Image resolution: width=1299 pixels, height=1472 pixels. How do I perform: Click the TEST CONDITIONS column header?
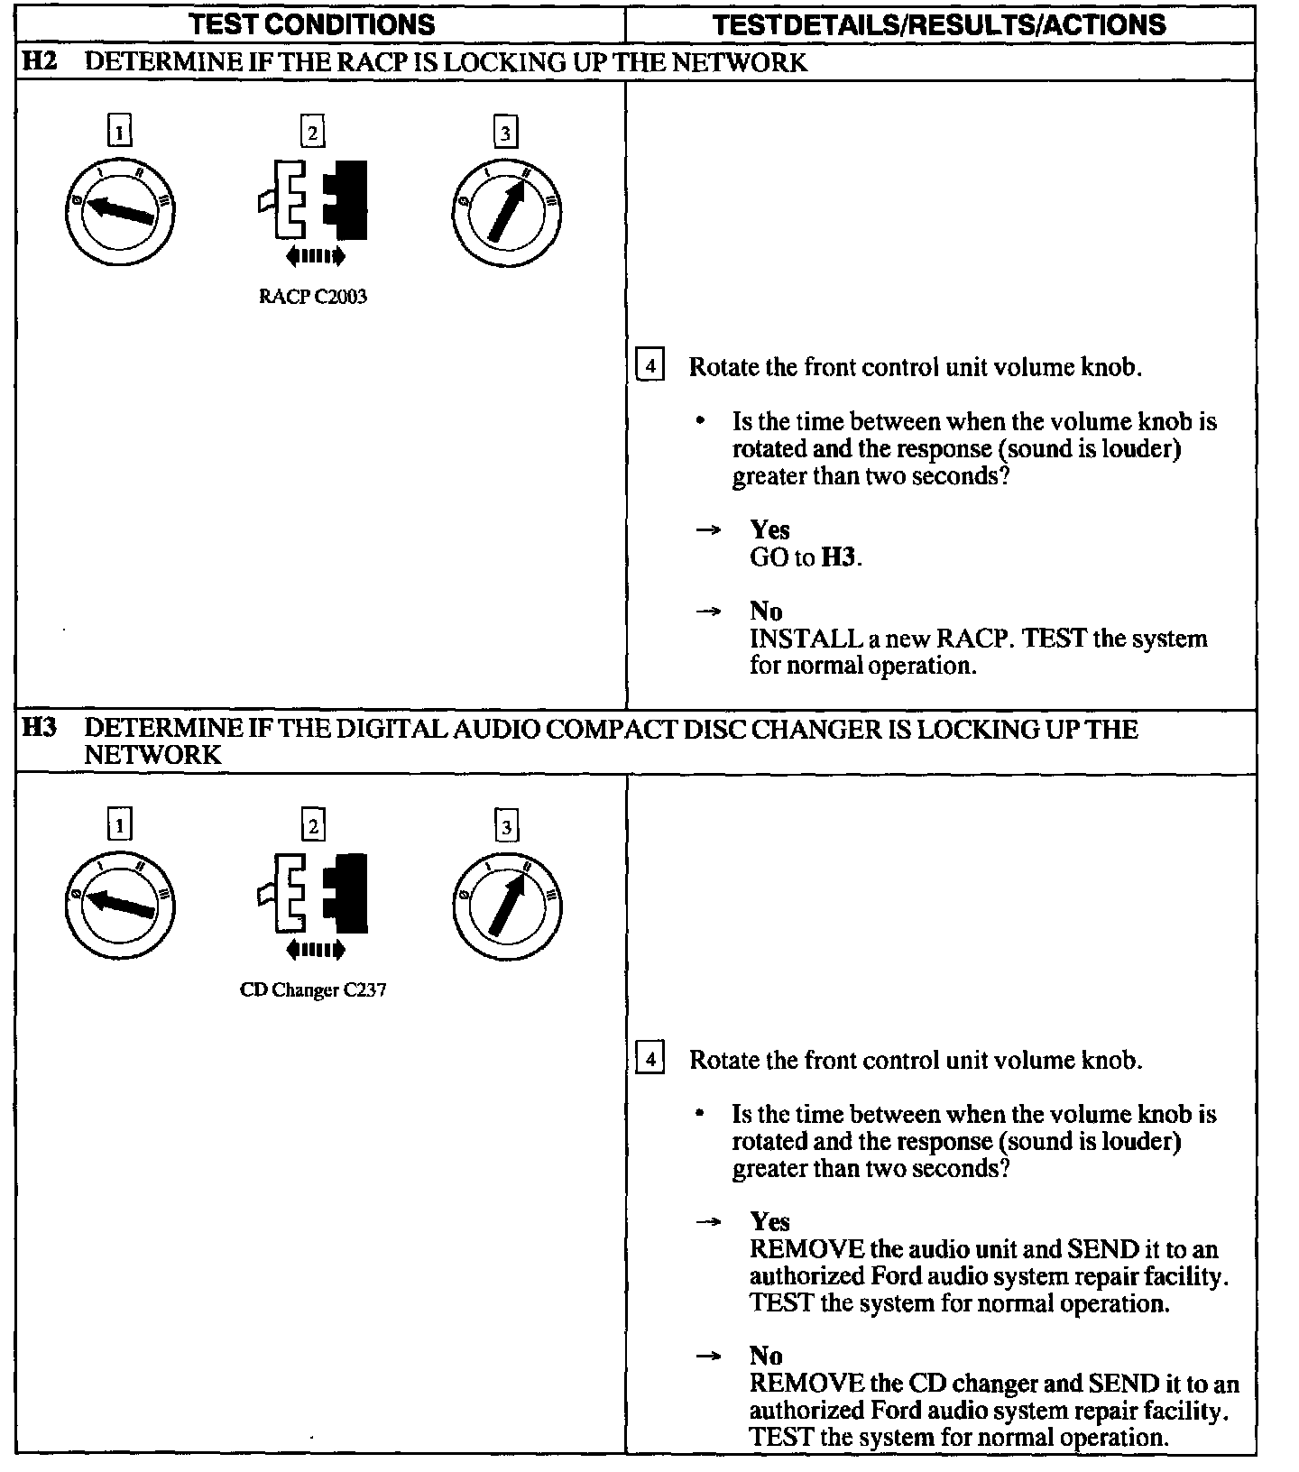(312, 23)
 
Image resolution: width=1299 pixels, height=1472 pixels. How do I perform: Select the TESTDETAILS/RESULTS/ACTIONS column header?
(939, 23)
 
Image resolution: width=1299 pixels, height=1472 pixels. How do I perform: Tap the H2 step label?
(40, 61)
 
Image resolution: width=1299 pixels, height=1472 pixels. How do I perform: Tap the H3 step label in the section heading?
(40, 727)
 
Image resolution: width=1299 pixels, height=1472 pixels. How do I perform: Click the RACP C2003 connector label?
(312, 297)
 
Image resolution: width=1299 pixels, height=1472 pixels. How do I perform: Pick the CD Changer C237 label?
(312, 989)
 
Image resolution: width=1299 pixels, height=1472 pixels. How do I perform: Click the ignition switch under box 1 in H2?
(120, 210)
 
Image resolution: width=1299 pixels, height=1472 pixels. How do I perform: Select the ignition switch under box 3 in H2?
(506, 210)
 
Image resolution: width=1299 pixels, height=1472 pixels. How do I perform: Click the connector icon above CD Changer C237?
(314, 894)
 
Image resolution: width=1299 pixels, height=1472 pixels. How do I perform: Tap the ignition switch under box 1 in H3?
(120, 904)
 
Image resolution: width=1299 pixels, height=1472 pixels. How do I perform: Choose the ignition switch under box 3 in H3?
(506, 904)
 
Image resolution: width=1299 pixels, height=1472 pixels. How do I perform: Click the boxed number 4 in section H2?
(650, 366)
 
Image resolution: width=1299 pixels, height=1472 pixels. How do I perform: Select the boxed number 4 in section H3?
(650, 1058)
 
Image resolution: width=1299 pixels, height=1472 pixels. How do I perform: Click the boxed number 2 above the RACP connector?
(312, 133)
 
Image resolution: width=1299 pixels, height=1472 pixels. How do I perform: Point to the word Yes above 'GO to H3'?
(769, 529)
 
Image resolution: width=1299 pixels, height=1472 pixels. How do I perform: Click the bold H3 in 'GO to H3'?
(838, 557)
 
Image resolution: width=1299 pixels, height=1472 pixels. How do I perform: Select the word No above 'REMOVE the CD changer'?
(766, 1356)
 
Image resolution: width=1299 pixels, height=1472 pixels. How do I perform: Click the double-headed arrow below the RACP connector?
(315, 257)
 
